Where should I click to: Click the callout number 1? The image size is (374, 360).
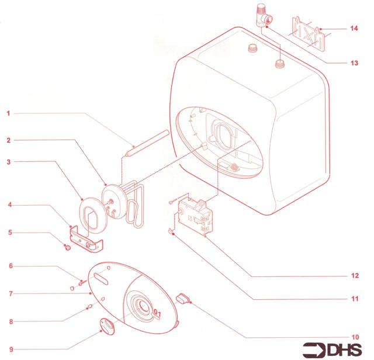point(8,113)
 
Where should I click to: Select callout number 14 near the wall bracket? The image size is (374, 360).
point(354,29)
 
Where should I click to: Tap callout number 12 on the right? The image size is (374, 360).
point(355,276)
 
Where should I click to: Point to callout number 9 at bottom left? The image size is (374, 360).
point(11,349)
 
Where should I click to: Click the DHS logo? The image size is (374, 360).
point(333,350)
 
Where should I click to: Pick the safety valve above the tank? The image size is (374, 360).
point(264,16)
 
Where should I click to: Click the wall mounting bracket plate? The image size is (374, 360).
point(309,34)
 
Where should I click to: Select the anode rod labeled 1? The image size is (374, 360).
point(147,143)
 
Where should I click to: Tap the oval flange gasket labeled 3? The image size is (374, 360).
point(92,216)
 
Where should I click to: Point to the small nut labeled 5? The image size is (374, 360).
point(68,248)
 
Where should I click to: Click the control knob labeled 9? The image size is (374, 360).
point(107,326)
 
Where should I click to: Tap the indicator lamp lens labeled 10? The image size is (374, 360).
point(183,299)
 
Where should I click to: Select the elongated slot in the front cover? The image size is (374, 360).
point(101,279)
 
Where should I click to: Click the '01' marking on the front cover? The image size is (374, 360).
point(157,313)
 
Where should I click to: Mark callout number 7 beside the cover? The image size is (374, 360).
point(11,294)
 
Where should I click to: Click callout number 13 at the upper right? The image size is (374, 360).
point(354,63)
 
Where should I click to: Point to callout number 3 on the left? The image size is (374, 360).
point(9,162)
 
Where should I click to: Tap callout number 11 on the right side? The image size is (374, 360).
point(355,299)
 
